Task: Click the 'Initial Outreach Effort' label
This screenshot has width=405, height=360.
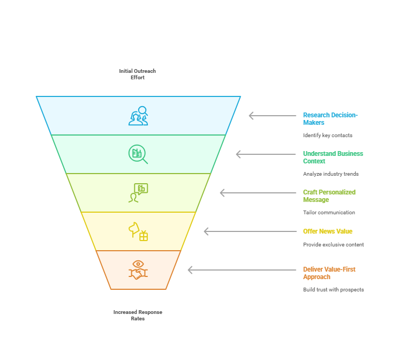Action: (138, 74)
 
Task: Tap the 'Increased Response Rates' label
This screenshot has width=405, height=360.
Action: (138, 315)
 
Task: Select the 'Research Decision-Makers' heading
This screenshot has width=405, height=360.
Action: (330, 118)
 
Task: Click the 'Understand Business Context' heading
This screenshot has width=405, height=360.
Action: (333, 157)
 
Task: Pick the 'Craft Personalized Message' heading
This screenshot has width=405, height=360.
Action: (329, 196)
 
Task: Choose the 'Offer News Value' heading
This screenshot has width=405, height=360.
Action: (327, 231)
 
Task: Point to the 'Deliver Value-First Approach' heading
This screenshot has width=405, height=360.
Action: (329, 273)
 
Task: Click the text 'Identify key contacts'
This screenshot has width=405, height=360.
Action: (327, 135)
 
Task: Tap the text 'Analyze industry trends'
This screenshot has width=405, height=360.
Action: (331, 174)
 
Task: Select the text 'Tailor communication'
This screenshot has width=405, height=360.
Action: (329, 212)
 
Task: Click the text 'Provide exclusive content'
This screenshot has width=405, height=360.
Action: (333, 244)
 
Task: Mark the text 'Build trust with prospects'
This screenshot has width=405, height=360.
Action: (333, 289)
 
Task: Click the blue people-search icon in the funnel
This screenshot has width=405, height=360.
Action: (138, 116)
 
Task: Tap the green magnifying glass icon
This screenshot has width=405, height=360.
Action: (138, 154)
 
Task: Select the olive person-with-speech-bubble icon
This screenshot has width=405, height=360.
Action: (138, 193)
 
